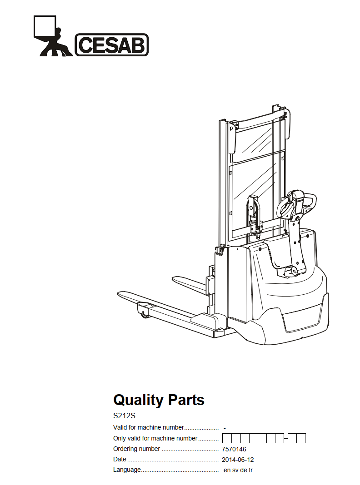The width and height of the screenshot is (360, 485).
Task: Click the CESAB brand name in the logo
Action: pyautogui.click(x=112, y=45)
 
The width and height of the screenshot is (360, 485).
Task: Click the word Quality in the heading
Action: pyautogui.click(x=138, y=400)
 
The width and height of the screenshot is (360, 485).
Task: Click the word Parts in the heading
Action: pyautogui.click(x=186, y=400)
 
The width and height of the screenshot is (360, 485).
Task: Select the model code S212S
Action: pyautogui.click(x=124, y=416)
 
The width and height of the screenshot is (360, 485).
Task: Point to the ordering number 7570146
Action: pyautogui.click(x=234, y=449)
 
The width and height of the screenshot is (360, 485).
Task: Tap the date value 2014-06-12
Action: pyautogui.click(x=238, y=460)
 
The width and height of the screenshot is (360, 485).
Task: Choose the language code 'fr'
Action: pyautogui.click(x=250, y=470)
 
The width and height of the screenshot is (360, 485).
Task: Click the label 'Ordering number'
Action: pyautogui.click(x=136, y=449)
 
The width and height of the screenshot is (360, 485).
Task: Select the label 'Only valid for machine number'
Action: pyautogui.click(x=155, y=438)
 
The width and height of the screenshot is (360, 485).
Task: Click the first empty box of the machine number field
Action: pyautogui.click(x=227, y=438)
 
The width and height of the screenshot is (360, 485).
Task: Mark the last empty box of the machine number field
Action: pyautogui.click(x=301, y=438)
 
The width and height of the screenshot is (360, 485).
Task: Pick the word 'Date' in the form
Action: pyautogui.click(x=120, y=460)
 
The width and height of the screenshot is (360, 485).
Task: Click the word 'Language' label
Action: pyautogui.click(x=127, y=470)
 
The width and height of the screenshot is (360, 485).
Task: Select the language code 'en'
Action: pyautogui.click(x=227, y=470)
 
